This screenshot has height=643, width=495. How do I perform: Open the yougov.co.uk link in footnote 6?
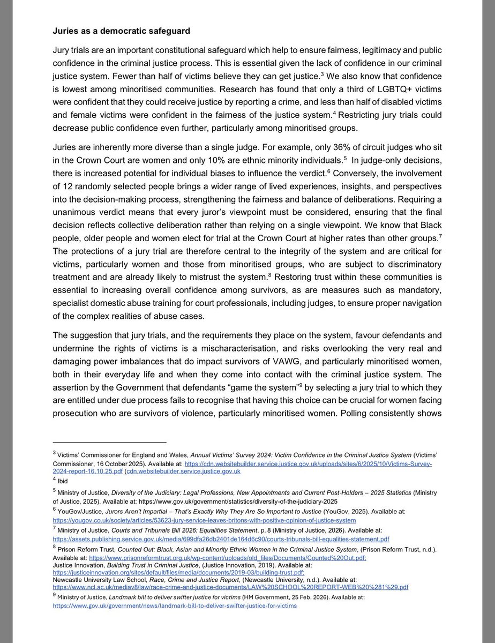(x=204, y=520)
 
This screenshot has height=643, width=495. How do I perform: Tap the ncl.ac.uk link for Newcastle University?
(x=230, y=587)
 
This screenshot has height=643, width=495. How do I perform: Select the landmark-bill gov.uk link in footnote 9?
(x=174, y=606)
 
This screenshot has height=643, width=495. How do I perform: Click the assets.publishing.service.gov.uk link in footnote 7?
(x=221, y=539)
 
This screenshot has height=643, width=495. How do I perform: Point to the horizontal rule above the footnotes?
(x=109, y=442)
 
